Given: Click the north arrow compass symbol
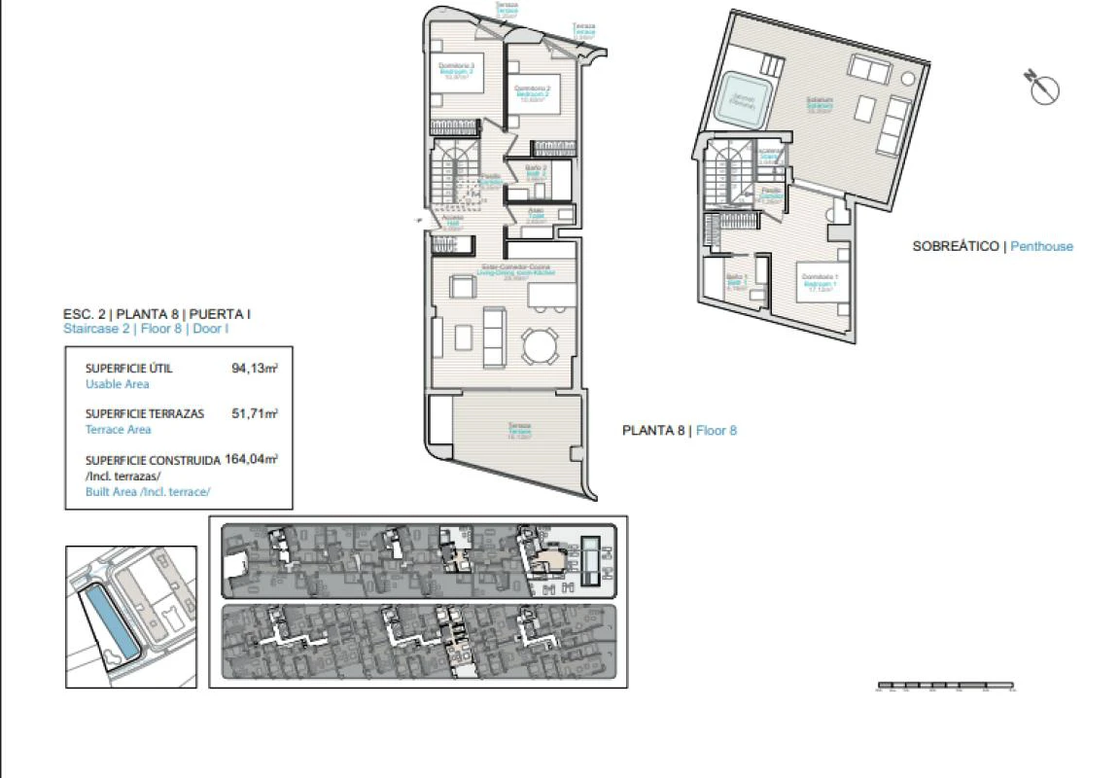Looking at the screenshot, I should (1042, 88).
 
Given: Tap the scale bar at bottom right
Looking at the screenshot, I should (945, 687).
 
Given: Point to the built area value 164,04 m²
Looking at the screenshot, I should (251, 459).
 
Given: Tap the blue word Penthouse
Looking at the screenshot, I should (1041, 247).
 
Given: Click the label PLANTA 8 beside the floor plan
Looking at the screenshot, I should (653, 430).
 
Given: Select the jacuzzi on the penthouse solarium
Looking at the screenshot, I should (744, 100).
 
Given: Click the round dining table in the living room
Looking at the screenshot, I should (541, 344).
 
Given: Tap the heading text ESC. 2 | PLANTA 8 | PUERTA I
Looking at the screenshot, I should (157, 314).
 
